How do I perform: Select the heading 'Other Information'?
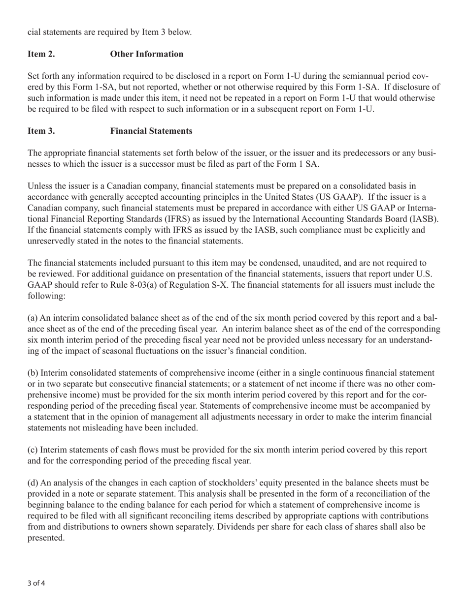pos(147,54)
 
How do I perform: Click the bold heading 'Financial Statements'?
pos(151,131)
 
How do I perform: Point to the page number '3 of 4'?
pos(36,583)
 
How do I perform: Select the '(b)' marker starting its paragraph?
pos(33,373)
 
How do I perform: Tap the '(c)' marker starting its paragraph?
pos(33,450)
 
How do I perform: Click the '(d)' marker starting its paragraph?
pos(33,483)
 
